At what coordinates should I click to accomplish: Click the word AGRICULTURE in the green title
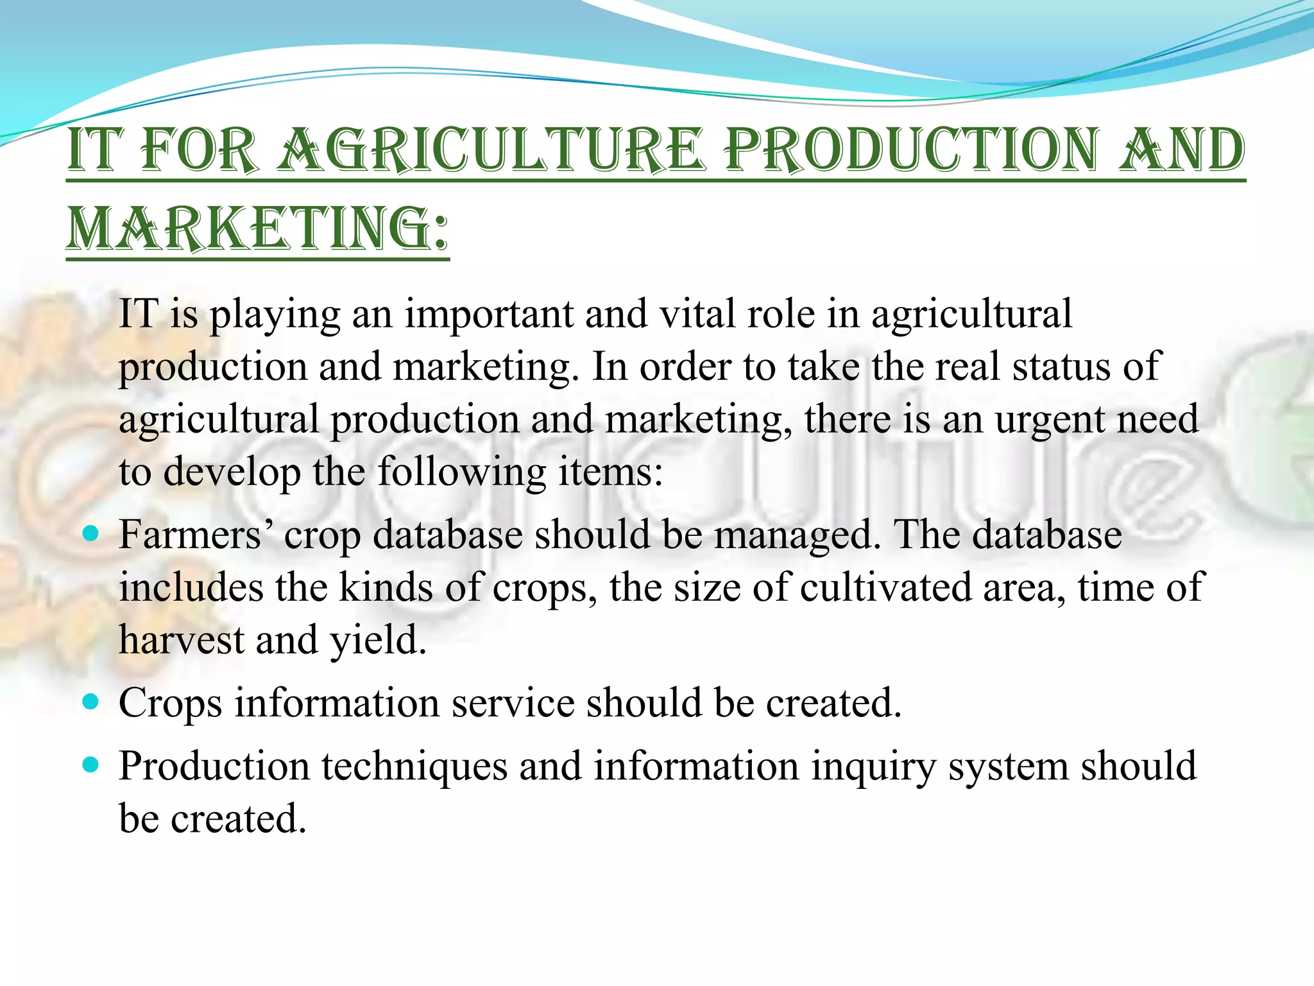[x=491, y=151]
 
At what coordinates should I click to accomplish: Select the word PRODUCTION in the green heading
[x=912, y=151]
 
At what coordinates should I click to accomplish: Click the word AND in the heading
[x=1181, y=151]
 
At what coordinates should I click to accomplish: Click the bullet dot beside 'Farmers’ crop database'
[x=91, y=533]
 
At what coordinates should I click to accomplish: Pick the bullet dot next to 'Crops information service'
[x=91, y=702]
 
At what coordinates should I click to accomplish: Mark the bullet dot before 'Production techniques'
[x=91, y=765]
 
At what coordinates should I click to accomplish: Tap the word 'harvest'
[x=182, y=640]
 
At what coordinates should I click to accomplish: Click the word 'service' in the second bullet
[x=513, y=703]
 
